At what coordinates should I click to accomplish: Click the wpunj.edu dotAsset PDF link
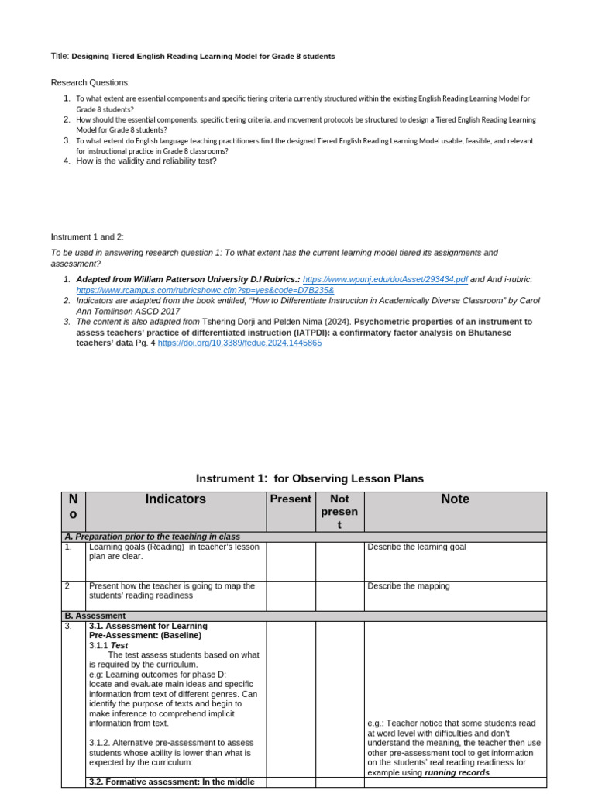point(384,278)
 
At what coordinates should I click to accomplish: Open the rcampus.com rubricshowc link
point(205,289)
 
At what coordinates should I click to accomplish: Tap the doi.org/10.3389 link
point(239,342)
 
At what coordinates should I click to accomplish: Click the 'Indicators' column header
point(176,500)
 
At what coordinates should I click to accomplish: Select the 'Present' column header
point(291,500)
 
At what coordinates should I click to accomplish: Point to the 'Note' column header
point(455,500)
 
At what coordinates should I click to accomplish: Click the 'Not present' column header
point(339,512)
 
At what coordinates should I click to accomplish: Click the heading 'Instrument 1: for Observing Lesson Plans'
point(310,478)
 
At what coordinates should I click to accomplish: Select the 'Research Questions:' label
point(91,82)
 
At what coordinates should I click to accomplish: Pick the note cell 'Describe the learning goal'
point(417,547)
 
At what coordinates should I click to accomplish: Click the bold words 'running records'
point(457,772)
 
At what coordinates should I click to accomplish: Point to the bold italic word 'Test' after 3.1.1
point(119,645)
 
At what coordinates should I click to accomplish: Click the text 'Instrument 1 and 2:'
point(88,236)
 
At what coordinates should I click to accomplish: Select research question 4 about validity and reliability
point(146,161)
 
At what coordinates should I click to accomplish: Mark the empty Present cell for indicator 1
point(291,560)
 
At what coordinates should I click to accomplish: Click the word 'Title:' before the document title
point(60,57)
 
